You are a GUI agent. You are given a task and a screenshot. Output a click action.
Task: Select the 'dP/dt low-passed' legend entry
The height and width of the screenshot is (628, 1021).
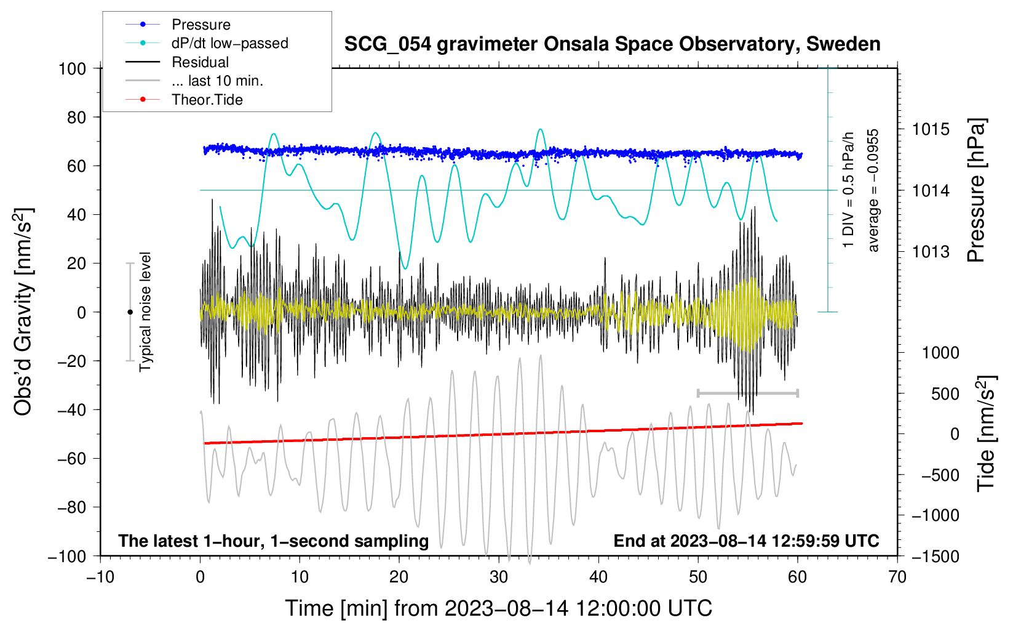[229, 43]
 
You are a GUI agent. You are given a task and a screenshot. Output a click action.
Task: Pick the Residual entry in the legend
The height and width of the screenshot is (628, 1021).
[200, 62]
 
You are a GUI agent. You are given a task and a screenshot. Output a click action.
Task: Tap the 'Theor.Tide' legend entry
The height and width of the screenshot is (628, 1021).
[207, 100]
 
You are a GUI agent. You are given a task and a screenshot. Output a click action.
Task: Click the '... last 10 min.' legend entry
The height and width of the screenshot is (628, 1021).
[217, 81]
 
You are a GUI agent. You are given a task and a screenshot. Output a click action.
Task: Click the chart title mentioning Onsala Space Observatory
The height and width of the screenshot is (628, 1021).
[612, 44]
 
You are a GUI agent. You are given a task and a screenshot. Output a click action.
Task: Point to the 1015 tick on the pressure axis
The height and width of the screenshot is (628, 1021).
[931, 129]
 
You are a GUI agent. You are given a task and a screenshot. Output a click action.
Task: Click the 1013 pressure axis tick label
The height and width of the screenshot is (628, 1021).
[931, 252]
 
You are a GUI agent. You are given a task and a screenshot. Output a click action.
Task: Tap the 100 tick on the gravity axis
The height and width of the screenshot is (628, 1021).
[72, 68]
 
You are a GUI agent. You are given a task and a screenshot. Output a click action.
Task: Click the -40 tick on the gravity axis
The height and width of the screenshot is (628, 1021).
[72, 409]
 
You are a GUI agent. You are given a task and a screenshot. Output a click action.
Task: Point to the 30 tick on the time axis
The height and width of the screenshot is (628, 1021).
[499, 577]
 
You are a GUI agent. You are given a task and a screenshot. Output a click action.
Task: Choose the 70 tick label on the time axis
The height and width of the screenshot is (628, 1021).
[897, 577]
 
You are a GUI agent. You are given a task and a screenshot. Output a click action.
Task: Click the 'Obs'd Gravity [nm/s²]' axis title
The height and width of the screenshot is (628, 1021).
[23, 312]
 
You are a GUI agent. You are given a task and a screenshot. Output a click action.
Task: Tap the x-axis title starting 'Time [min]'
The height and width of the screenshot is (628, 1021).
[499, 608]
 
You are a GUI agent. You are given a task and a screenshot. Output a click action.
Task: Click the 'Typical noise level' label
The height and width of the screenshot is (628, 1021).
[145, 312]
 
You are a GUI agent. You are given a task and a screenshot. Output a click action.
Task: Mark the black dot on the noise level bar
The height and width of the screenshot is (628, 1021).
[130, 312]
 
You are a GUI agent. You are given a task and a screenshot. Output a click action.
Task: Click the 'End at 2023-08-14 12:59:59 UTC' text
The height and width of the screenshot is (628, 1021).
[746, 541]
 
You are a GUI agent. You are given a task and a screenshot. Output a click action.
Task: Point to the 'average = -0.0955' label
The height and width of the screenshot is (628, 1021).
[873, 190]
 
